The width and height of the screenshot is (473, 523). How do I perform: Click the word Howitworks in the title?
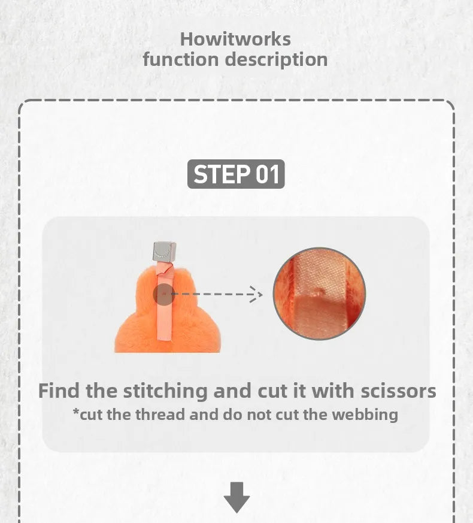[235, 40]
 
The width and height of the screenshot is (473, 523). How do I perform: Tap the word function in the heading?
[181, 59]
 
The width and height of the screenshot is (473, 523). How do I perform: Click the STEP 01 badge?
[236, 174]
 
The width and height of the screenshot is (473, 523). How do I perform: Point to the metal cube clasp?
[164, 251]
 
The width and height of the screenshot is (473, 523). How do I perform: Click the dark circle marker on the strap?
[163, 294]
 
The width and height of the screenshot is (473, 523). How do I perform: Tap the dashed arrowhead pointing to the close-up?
[256, 294]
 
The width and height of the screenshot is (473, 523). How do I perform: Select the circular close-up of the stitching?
[319, 294]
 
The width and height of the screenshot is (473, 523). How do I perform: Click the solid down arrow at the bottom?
[236, 497]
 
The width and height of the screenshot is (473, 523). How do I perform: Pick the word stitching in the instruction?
[165, 391]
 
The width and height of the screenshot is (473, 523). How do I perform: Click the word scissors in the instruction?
[398, 391]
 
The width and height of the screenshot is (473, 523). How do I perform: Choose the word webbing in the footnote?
[365, 415]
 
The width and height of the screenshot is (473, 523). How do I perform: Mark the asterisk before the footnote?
[76, 412]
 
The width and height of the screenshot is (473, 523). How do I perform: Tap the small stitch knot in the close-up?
[321, 292]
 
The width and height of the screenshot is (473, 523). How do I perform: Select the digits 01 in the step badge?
[267, 174]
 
